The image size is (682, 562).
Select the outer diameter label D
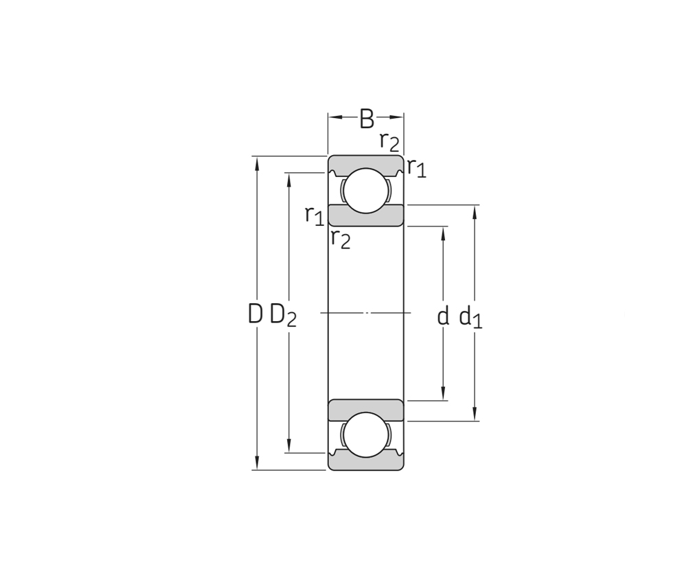tap(255, 314)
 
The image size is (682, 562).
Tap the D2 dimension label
tap(283, 315)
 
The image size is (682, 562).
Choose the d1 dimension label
tap(471, 317)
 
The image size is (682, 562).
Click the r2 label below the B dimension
tap(389, 141)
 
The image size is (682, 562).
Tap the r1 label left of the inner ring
tap(315, 215)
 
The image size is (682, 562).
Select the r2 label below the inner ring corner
tap(341, 239)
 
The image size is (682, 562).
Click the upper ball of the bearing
tap(366, 191)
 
